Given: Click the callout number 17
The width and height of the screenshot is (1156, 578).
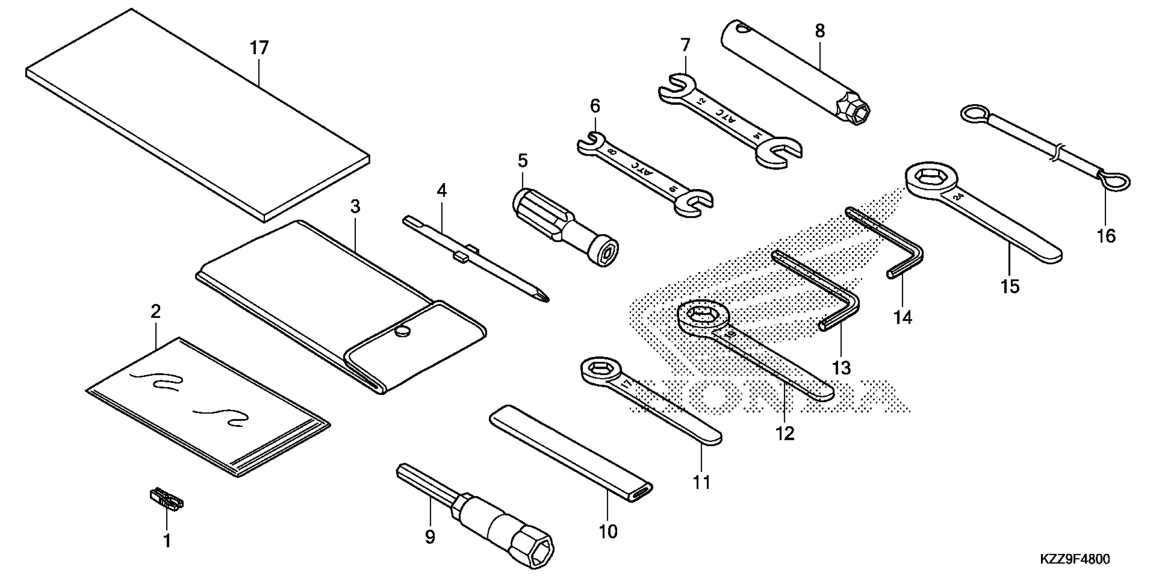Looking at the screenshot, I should (x=259, y=48).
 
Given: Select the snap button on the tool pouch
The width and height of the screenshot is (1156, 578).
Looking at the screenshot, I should (x=403, y=331).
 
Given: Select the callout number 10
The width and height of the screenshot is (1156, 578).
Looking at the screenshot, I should (x=608, y=532).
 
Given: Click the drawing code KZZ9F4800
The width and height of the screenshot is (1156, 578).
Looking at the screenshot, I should (x=1074, y=560).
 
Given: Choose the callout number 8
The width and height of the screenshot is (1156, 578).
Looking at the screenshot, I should (x=820, y=31).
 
